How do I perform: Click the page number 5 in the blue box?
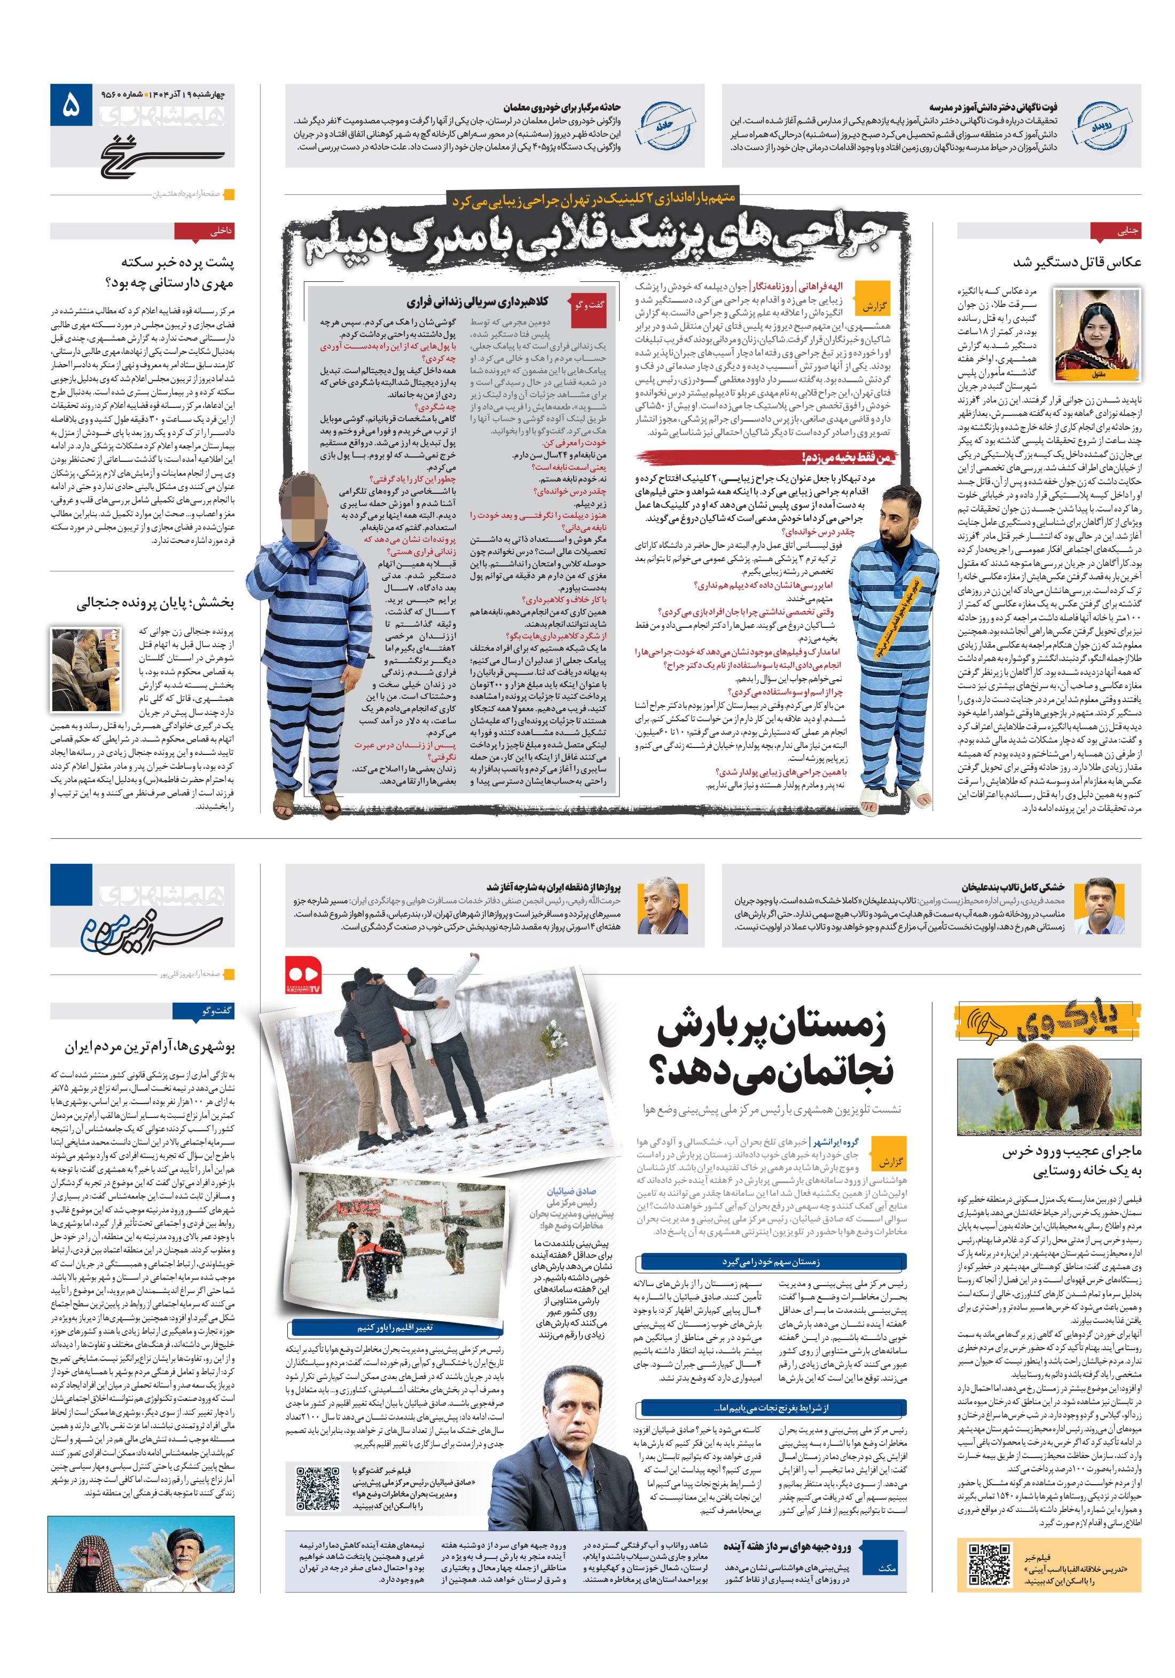click(x=71, y=107)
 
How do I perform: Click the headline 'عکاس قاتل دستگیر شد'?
click(x=1076, y=262)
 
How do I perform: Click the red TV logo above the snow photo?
click(x=303, y=975)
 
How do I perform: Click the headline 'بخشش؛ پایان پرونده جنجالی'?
click(x=155, y=603)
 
